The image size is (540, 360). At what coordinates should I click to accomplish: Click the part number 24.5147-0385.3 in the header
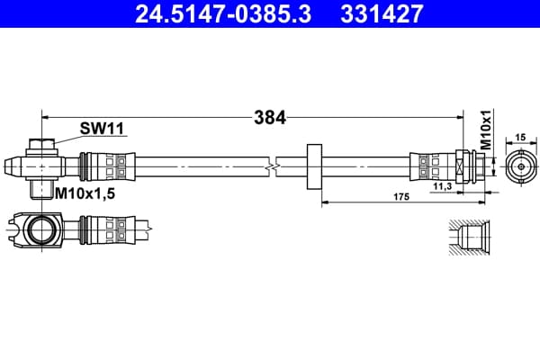tap(223, 13)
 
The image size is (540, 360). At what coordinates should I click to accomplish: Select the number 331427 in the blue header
tap(382, 13)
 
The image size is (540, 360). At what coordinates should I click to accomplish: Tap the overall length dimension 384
tap(270, 118)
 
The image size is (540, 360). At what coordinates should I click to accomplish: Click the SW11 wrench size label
tap(102, 129)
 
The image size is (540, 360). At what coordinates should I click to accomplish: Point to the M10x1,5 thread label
tap(85, 194)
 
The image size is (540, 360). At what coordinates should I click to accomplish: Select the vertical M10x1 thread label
tap(486, 130)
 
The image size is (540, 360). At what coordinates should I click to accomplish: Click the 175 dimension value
tap(401, 197)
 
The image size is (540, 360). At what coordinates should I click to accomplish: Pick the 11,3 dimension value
tap(443, 186)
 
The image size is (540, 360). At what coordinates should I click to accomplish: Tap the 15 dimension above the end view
tap(521, 138)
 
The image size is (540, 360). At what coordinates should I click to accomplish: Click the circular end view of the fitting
tap(521, 166)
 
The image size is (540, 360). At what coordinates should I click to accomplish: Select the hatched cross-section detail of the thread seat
tap(470, 237)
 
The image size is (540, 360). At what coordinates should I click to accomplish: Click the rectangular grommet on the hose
tap(314, 166)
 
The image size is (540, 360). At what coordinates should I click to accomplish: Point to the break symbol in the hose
tap(272, 167)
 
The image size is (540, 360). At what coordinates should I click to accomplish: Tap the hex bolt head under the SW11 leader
tap(42, 144)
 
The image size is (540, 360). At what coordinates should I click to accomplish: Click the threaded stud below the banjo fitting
tap(40, 189)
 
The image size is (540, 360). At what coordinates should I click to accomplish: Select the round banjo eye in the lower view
tap(41, 229)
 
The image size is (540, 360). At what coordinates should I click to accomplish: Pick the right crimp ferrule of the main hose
tap(433, 166)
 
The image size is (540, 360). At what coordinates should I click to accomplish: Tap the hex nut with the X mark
tap(461, 166)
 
